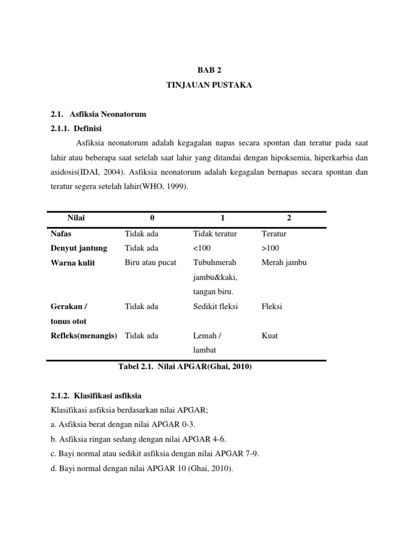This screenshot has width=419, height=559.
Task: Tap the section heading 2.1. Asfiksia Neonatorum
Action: click(98, 115)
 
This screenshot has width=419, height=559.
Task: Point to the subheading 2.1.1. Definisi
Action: click(76, 129)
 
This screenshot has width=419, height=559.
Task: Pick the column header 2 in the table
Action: click(289, 218)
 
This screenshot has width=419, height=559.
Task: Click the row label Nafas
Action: click(62, 234)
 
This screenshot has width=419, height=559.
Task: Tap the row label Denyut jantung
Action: click(79, 248)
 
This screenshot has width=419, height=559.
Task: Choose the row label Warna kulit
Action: click(73, 263)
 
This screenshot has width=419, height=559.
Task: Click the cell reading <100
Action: click(202, 248)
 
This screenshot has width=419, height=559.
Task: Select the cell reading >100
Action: click(271, 248)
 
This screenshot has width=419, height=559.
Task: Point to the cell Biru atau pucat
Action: click(151, 263)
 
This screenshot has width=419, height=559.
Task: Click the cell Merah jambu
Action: click(284, 263)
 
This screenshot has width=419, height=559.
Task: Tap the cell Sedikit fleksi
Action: click(216, 306)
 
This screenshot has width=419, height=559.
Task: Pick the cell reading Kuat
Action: click(270, 336)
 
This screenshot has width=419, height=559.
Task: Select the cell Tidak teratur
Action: click(215, 234)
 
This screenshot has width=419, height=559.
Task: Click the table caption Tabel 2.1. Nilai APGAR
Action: click(185, 367)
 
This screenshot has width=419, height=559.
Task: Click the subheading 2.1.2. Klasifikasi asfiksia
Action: click(96, 395)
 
